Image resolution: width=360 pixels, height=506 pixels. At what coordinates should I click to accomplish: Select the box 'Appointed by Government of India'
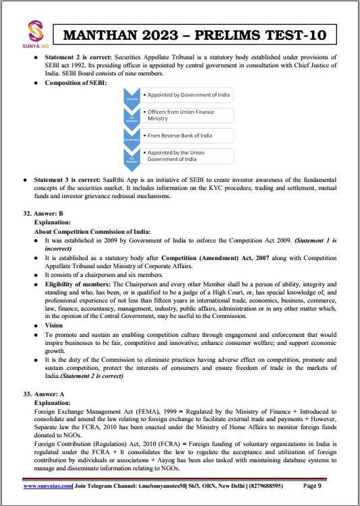pyautogui.click(x=187, y=96)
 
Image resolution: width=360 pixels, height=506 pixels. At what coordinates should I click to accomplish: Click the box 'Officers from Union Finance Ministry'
pyautogui.click(x=187, y=115)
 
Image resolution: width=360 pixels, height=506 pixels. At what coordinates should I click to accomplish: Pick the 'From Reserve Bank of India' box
pyautogui.click(x=187, y=135)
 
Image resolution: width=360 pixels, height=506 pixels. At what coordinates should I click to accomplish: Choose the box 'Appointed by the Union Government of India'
pyautogui.click(x=187, y=156)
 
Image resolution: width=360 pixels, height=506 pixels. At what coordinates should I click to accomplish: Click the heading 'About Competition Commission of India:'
pyautogui.click(x=92, y=231)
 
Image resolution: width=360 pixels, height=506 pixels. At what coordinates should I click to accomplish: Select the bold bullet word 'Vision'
pyautogui.click(x=55, y=325)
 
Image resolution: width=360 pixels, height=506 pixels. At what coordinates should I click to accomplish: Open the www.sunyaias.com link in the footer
pyautogui.click(x=47, y=485)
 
